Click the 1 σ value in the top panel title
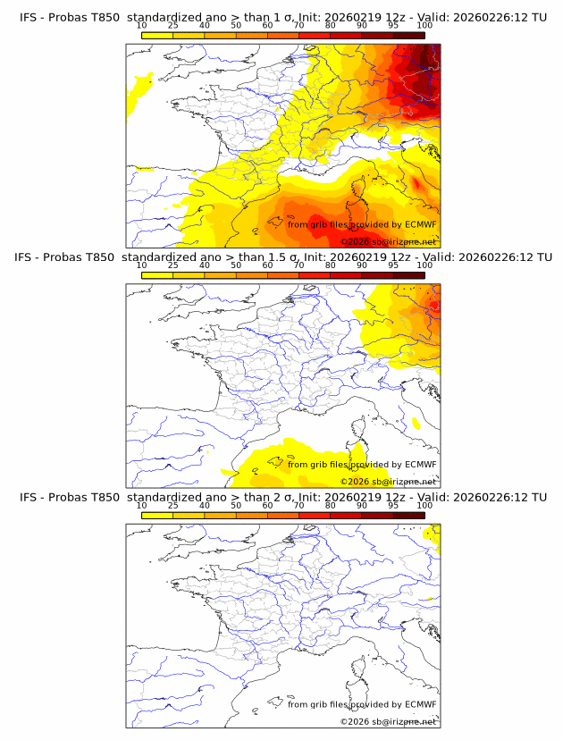[273, 17]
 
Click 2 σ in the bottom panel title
[273, 497]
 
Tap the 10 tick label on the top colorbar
[141, 25]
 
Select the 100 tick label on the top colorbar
[424, 25]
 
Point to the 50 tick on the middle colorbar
[236, 265]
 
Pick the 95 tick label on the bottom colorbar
[393, 506]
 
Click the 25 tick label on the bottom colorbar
[172, 506]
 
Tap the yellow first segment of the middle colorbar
[156, 274]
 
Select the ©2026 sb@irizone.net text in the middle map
[389, 482]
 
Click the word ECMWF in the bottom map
[420, 704]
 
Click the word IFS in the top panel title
[28, 17]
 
